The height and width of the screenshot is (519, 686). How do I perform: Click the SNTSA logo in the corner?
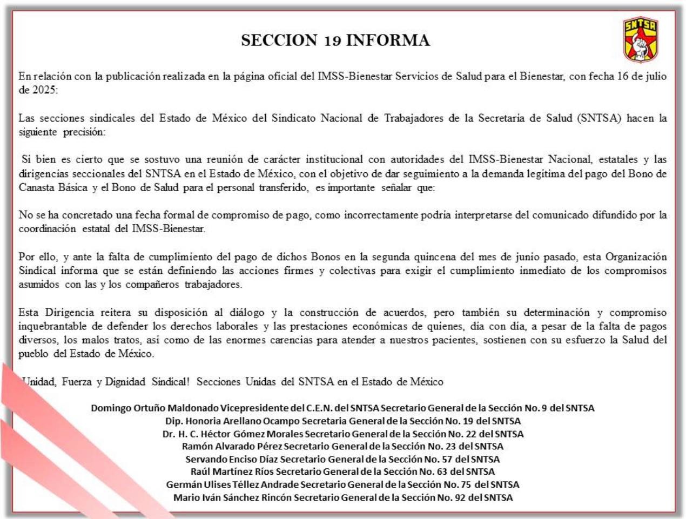coord(641,39)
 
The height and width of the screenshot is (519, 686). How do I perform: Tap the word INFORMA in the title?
coord(388,41)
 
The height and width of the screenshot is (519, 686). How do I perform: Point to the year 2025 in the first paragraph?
coord(44,90)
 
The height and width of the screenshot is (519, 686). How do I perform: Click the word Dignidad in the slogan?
coord(125,382)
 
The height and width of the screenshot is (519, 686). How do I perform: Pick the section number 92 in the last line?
coord(460,497)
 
